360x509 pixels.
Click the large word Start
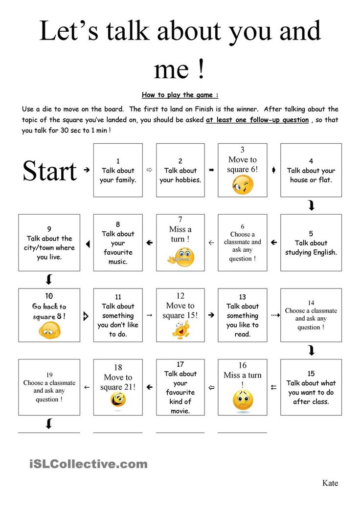(50, 171)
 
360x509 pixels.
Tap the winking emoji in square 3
(243, 185)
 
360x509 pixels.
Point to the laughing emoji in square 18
(118, 399)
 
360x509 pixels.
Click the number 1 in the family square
(118, 161)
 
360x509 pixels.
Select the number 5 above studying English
(311, 233)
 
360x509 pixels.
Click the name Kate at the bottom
(330, 483)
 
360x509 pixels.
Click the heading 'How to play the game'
(180, 95)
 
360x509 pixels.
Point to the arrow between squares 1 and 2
(150, 170)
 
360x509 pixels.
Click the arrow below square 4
(311, 206)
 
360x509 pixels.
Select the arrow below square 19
(49, 423)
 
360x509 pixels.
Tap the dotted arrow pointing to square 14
(275, 315)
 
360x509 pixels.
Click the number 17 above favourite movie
(180, 364)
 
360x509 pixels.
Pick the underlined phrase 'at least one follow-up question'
(257, 120)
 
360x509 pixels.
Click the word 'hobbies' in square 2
(188, 179)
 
